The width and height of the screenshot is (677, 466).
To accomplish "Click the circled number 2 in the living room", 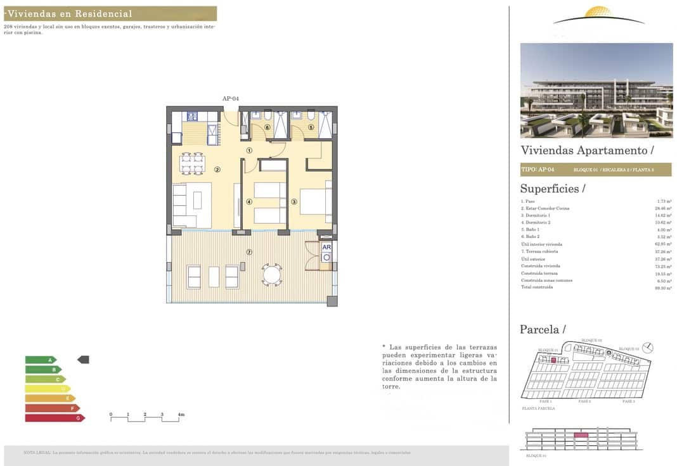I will tap(217, 169).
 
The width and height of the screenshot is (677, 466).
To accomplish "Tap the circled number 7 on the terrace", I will tap(249, 252).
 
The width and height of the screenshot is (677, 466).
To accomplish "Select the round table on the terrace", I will tap(273, 274).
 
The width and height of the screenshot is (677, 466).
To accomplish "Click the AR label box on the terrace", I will tap(326, 248).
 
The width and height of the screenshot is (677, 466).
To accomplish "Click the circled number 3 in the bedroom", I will tap(294, 202).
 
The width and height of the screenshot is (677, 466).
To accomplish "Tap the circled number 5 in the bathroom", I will tap(311, 127).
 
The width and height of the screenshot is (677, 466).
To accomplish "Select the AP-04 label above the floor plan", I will tap(230, 99).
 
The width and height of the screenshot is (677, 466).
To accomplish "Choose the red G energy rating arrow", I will tap(55, 418).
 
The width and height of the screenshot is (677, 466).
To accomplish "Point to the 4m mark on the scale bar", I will tap(181, 415).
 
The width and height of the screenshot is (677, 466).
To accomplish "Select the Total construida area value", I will tap(663, 287).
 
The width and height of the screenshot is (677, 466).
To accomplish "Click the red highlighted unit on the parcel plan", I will tap(553, 360).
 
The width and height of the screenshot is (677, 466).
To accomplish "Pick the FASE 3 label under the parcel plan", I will tap(628, 401).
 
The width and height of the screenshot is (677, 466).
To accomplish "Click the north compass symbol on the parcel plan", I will tap(647, 347).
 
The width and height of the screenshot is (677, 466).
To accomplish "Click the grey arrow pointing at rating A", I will tap(83, 360).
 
